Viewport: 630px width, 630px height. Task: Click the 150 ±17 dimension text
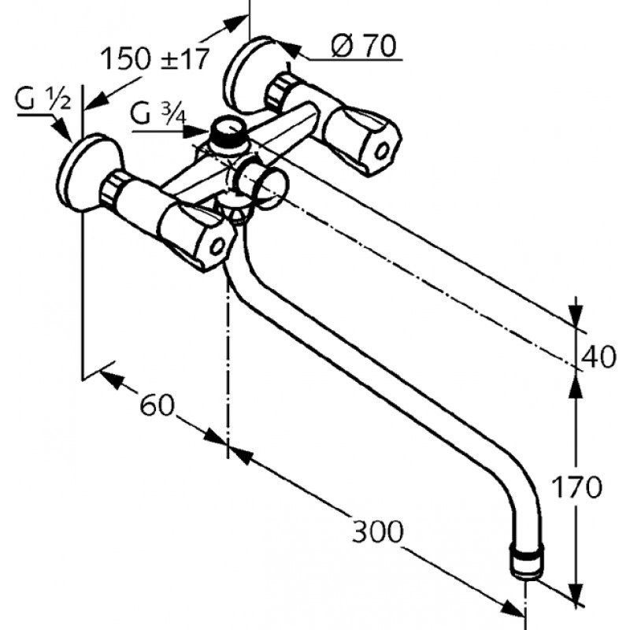pos(154,59)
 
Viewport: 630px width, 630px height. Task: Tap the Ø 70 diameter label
pos(364,46)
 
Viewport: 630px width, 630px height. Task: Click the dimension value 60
pos(157,405)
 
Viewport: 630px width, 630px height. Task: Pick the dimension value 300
pos(377,532)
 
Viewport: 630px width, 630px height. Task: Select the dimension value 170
pos(577,487)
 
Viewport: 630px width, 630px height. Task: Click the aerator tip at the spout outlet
pos(528,560)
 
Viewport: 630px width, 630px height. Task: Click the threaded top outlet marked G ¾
pos(228,132)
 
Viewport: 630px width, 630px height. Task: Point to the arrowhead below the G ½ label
pos(63,129)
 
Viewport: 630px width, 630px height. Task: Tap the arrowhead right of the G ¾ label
pos(196,132)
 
